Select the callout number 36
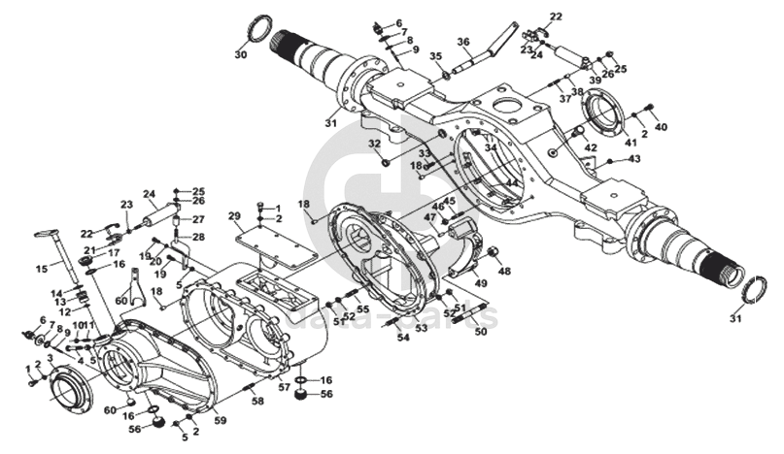coord(463,41)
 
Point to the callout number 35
coord(436,56)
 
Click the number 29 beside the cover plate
coord(234,215)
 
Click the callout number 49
coord(479,282)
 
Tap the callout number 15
coord(42,269)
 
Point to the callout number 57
coord(285,387)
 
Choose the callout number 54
coord(376,338)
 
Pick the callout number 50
coord(479,332)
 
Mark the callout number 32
coord(373,145)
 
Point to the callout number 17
coord(113,252)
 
